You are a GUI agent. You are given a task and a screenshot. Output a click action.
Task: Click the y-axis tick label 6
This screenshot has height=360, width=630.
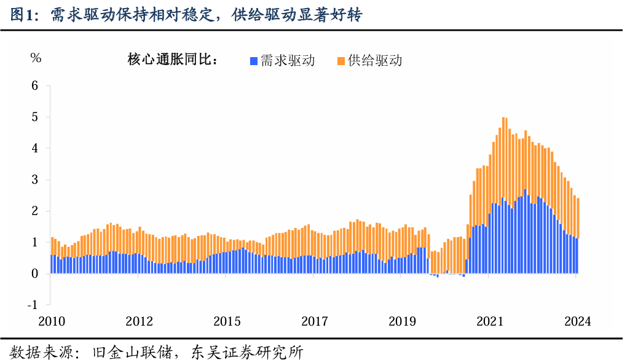(x=35, y=86)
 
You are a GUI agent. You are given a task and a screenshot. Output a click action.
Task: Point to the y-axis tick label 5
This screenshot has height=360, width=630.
(x=35, y=117)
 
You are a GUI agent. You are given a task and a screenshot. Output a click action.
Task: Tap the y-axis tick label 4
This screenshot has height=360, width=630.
(x=35, y=149)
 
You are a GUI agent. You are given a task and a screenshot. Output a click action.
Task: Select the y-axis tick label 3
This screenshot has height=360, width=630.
(x=35, y=180)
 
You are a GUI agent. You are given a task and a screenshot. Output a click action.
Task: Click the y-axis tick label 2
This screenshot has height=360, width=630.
(x=35, y=211)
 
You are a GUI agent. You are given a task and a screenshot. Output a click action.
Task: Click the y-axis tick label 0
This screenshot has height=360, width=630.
(x=35, y=274)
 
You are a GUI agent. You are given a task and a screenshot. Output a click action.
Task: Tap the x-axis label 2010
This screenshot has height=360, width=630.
(x=52, y=321)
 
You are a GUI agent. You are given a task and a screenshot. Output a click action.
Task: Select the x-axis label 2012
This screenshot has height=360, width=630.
(x=140, y=321)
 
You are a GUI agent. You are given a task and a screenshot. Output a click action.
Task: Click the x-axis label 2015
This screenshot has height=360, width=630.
(x=227, y=321)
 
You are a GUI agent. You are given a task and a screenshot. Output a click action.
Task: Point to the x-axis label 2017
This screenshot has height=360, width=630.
(x=315, y=321)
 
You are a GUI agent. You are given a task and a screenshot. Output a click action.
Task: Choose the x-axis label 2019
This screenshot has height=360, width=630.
(x=403, y=321)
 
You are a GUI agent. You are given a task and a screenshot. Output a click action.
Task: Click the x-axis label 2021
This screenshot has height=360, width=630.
(x=490, y=321)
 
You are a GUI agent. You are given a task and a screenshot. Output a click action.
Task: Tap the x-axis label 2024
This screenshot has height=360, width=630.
(x=577, y=321)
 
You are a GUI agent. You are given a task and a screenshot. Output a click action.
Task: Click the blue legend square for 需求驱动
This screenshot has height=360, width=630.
(x=253, y=60)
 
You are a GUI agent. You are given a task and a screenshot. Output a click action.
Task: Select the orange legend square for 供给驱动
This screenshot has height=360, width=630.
(x=341, y=60)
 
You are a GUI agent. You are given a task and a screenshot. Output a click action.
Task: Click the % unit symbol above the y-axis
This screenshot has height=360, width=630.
(x=36, y=58)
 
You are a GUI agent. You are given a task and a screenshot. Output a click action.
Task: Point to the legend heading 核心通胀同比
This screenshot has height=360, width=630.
(x=169, y=60)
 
